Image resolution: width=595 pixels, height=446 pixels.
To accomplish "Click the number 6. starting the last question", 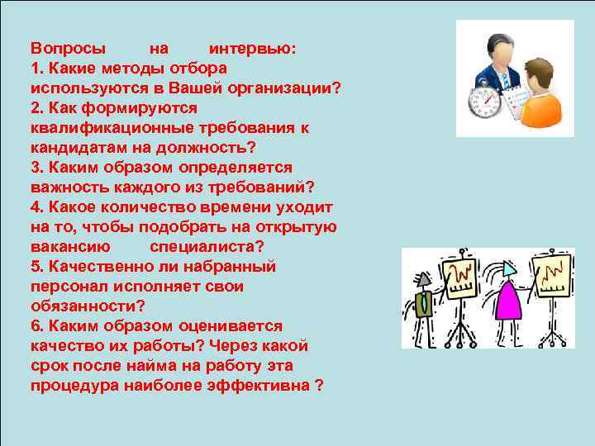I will (x=37, y=325).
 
